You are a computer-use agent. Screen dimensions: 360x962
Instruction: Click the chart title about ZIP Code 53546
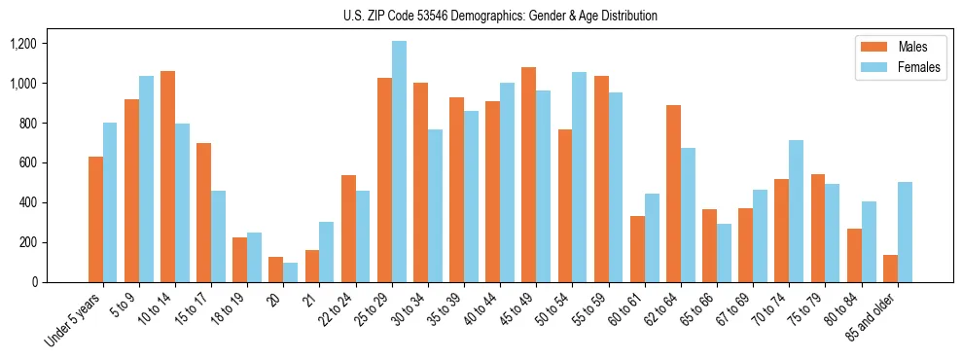500,16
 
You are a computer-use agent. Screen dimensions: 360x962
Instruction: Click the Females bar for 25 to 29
399,162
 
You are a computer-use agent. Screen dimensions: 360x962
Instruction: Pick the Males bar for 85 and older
889,269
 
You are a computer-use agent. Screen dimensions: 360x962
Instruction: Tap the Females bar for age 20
291,272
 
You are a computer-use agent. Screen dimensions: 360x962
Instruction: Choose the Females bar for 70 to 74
796,211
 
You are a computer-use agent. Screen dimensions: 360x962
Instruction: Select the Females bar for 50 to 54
579,177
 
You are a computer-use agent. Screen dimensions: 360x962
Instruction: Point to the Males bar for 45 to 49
528,175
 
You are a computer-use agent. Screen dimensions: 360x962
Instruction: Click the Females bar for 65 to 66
724,253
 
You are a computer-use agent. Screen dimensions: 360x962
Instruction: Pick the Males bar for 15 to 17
203,212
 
